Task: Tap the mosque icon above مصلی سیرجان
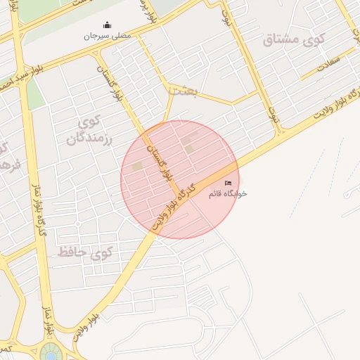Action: pos(106,25)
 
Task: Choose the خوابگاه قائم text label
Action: pos(228,193)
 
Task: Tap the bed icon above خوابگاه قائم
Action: pos(228,183)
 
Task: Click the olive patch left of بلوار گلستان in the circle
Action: pos(137,166)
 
